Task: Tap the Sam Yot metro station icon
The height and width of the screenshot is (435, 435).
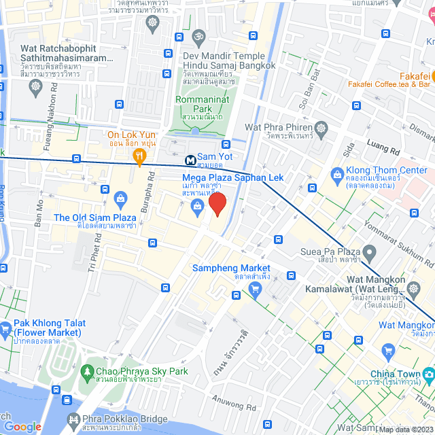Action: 190,160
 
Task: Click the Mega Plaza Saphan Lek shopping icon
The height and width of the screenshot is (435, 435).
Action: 197,205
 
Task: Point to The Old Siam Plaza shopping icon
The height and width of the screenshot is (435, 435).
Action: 121,200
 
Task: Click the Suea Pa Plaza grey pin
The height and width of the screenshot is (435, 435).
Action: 369,255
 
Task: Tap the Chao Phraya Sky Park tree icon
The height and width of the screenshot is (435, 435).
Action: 86,372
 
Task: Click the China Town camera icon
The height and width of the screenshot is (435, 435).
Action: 428,374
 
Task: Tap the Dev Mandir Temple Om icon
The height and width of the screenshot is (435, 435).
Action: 200,35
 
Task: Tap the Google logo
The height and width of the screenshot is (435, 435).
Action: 22,426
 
